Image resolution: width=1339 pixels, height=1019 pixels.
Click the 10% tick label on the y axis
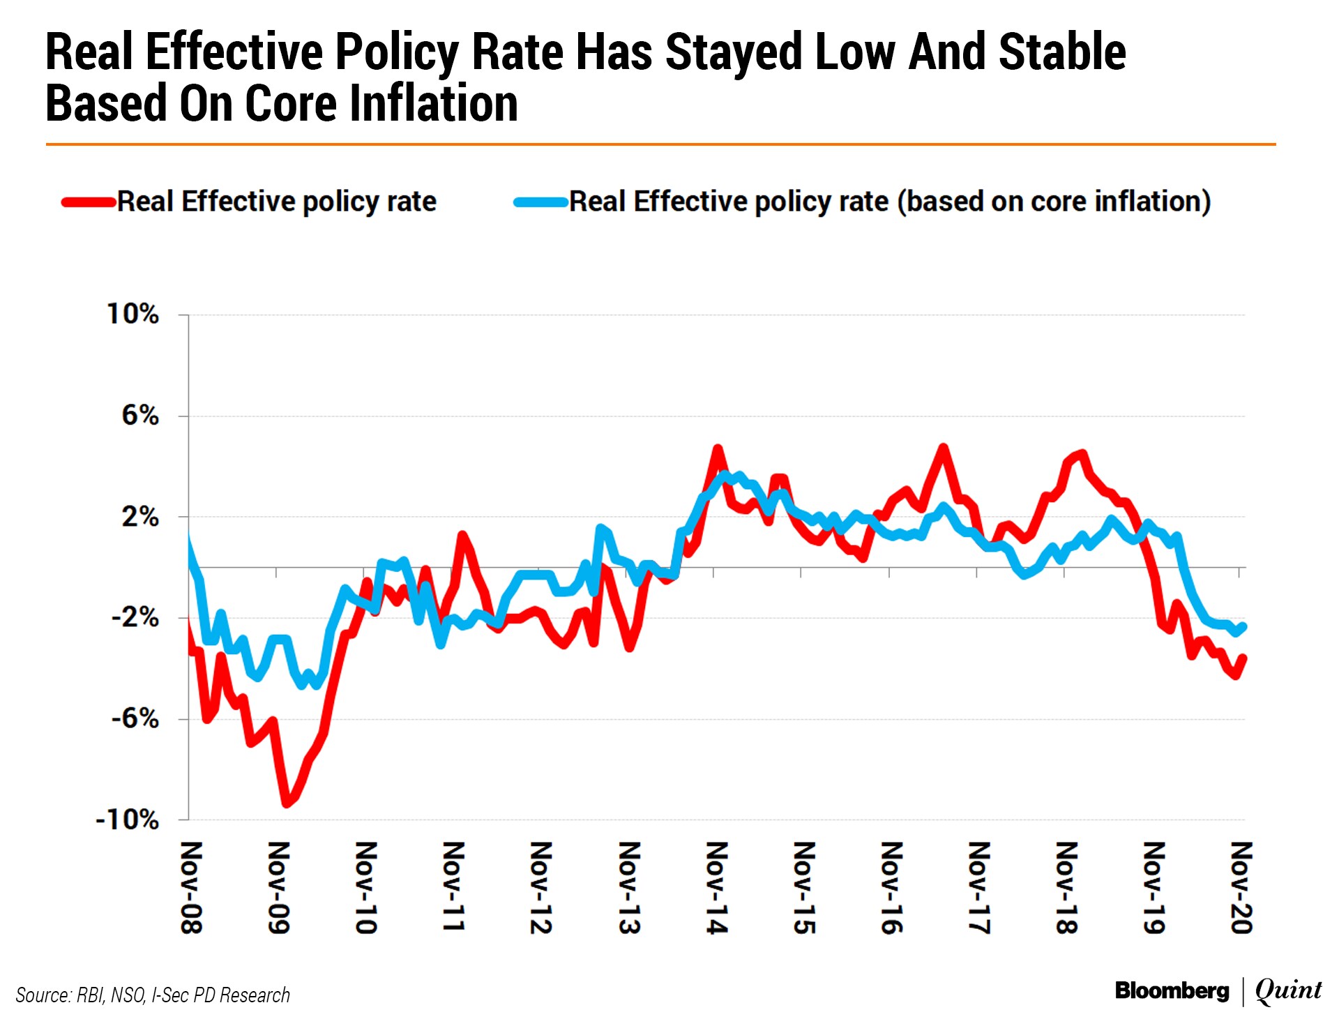tap(133, 314)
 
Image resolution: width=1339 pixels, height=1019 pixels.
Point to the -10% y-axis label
tap(127, 820)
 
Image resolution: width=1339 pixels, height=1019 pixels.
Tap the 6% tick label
tap(140, 416)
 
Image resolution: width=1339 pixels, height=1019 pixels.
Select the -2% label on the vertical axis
tap(135, 617)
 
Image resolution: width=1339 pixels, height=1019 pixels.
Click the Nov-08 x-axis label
tap(191, 887)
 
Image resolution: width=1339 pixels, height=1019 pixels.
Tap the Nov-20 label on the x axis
tap(1241, 887)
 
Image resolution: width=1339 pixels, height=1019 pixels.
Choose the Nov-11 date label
tap(453, 887)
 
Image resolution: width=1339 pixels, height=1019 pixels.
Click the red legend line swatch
tap(89, 203)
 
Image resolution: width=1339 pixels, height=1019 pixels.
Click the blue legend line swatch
tap(540, 203)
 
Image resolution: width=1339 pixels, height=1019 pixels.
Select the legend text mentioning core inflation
tap(889, 202)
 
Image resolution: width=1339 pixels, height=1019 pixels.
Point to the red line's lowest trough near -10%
tap(286, 804)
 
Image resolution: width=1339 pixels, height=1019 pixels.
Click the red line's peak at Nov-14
tap(717, 448)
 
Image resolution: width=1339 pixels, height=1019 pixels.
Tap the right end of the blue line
tap(1243, 626)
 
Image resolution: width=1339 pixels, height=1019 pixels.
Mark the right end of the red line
tap(1243, 657)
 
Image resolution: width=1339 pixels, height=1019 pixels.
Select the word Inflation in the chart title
tap(433, 103)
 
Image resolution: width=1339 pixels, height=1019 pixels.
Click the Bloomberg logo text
tap(1172, 990)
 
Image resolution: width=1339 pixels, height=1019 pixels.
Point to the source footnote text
tap(153, 995)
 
